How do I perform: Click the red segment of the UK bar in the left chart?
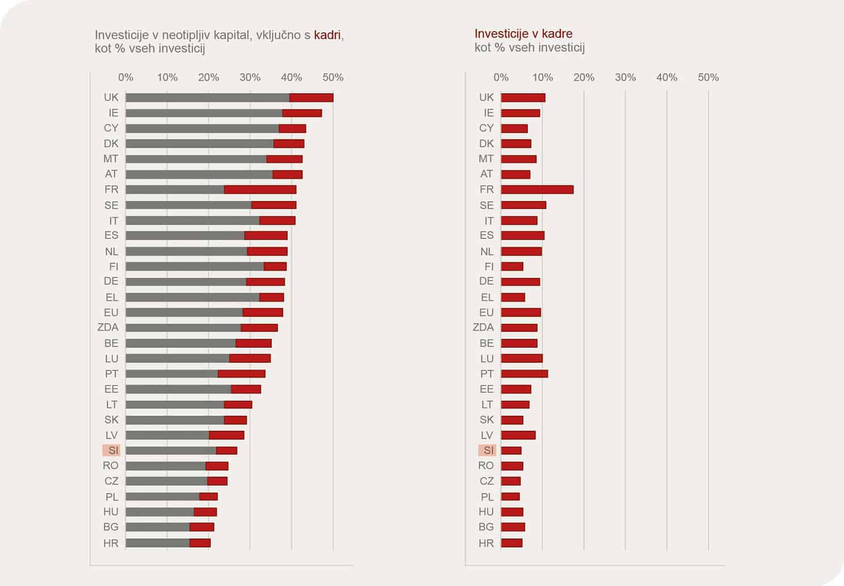(x=311, y=97)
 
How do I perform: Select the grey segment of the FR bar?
(x=174, y=190)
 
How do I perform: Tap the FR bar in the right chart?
(x=537, y=190)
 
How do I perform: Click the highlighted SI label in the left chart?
(x=112, y=451)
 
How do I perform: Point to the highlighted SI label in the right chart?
(x=487, y=451)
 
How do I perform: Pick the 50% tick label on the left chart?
(x=333, y=78)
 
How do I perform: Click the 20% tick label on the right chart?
(x=584, y=78)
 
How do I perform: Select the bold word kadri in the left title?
(x=327, y=35)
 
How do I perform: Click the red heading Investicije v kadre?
(x=523, y=34)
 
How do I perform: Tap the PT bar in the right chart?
(x=525, y=374)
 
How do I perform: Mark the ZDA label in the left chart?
(x=108, y=327)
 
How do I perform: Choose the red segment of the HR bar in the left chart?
(x=200, y=543)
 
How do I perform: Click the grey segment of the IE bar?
(x=204, y=113)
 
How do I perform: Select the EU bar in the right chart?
(x=521, y=313)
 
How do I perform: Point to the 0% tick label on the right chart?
(x=501, y=78)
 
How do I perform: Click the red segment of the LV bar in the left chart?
(x=227, y=435)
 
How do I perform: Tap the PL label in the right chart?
(x=487, y=497)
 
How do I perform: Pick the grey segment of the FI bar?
(x=194, y=267)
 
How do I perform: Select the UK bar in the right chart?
(x=523, y=97)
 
